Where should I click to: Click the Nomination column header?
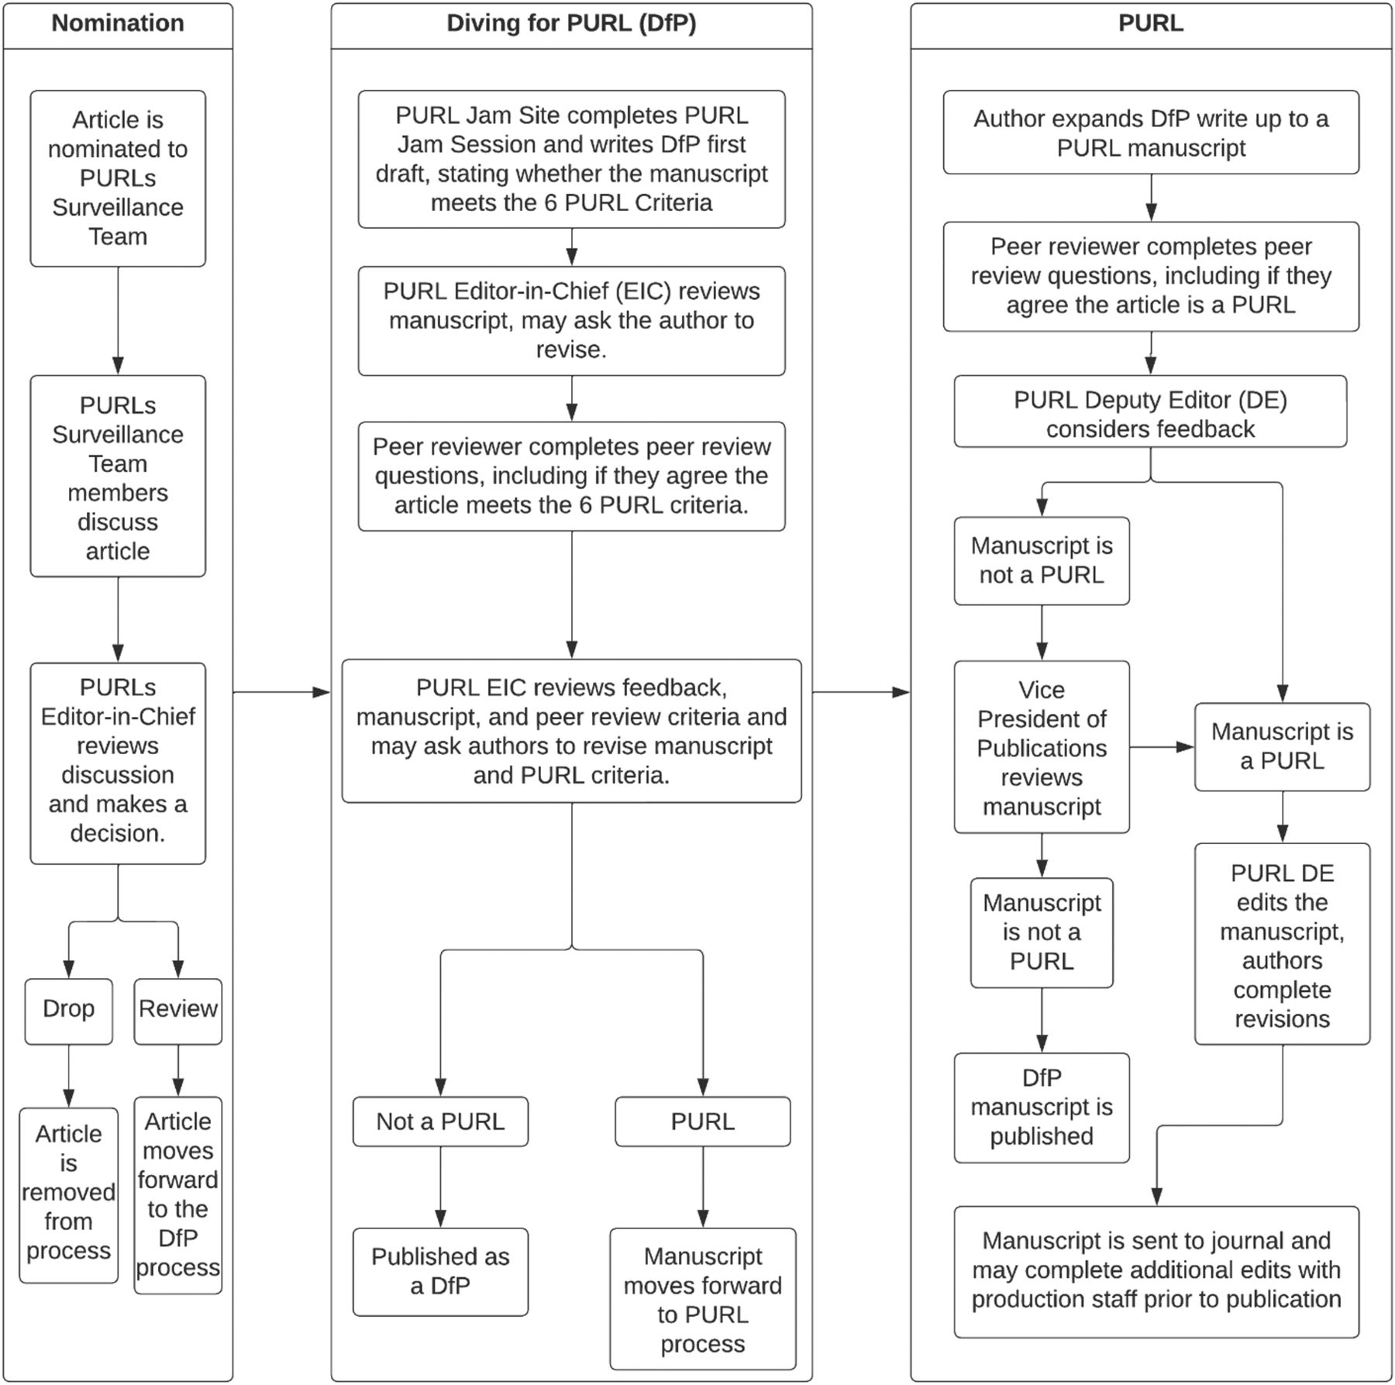point(118,23)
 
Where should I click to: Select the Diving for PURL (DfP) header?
point(571,23)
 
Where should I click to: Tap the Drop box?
point(68,1011)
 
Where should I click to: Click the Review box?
point(178,1011)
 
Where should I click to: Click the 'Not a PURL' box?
point(440,1121)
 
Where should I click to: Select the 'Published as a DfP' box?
point(440,1272)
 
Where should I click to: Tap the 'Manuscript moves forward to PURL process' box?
point(703,1299)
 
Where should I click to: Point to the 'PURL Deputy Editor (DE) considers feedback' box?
point(1150,412)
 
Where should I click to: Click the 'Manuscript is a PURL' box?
point(1283,747)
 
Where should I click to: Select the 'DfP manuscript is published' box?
point(1042,1108)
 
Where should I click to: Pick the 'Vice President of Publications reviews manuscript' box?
point(1042,747)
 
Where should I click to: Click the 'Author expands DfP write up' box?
point(1151,133)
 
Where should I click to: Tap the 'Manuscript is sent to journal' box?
point(1156,1272)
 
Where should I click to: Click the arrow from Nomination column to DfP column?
point(282,692)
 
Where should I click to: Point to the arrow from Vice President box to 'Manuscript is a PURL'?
point(1162,747)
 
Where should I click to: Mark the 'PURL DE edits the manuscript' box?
point(1283,944)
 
